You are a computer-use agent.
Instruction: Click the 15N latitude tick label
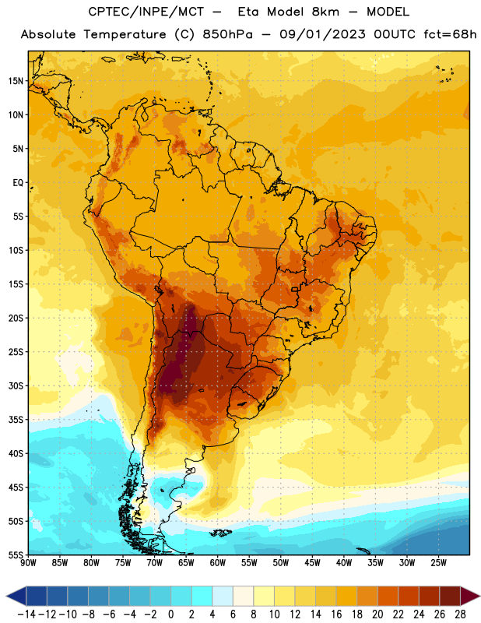click(16, 81)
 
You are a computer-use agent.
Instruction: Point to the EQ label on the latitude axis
click(18, 183)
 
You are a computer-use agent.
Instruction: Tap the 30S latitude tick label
click(16, 385)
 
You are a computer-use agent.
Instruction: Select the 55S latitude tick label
click(16, 555)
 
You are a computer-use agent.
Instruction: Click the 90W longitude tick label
click(29, 563)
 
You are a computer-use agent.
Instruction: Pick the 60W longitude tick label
click(218, 563)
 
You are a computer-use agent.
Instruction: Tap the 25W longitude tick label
click(438, 563)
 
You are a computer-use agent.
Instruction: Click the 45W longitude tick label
click(312, 563)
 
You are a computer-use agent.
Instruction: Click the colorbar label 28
click(460, 614)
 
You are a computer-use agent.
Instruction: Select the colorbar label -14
click(26, 614)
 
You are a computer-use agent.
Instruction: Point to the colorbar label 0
click(170, 614)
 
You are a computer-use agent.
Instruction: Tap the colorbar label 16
click(336, 614)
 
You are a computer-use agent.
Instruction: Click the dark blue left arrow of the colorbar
click(16, 596)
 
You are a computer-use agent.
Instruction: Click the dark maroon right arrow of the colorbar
click(470, 596)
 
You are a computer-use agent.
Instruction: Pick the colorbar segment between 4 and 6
click(223, 596)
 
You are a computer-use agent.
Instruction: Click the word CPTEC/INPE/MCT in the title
click(146, 12)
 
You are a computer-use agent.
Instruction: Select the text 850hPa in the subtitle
click(227, 34)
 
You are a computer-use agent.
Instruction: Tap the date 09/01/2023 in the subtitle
click(322, 34)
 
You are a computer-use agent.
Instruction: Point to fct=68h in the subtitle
click(450, 34)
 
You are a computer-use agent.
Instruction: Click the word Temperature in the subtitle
click(125, 34)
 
